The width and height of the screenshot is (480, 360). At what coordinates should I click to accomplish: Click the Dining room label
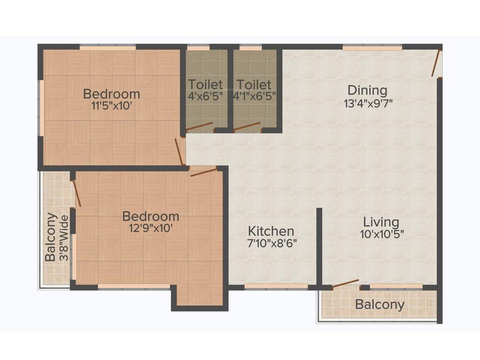pos(367,90)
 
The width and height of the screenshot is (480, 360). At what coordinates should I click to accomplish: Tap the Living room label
pos(381,222)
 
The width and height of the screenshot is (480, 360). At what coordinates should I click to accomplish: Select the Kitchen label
pos(271,231)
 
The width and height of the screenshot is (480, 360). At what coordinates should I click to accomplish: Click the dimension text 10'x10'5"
pos(382,234)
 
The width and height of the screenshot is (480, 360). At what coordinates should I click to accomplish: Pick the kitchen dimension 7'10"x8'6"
pos(272,243)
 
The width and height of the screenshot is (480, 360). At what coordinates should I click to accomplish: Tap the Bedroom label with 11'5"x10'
pos(111,94)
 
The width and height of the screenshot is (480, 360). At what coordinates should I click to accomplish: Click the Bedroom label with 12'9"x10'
pos(150,217)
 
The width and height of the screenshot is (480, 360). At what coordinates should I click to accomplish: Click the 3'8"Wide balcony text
pos(65,238)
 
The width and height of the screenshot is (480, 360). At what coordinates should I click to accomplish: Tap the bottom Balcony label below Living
pos(380,305)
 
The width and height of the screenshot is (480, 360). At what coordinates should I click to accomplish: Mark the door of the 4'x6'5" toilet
pos(199,127)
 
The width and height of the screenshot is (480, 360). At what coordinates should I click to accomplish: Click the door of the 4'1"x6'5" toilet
pos(247,127)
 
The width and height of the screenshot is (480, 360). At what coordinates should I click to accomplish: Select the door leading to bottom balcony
pos(345,283)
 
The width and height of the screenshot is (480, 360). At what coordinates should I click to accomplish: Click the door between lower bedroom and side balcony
pos(76,193)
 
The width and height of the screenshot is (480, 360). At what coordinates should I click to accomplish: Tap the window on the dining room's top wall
pos(372,48)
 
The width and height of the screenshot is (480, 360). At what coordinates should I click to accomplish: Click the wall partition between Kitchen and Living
pos(319,246)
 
